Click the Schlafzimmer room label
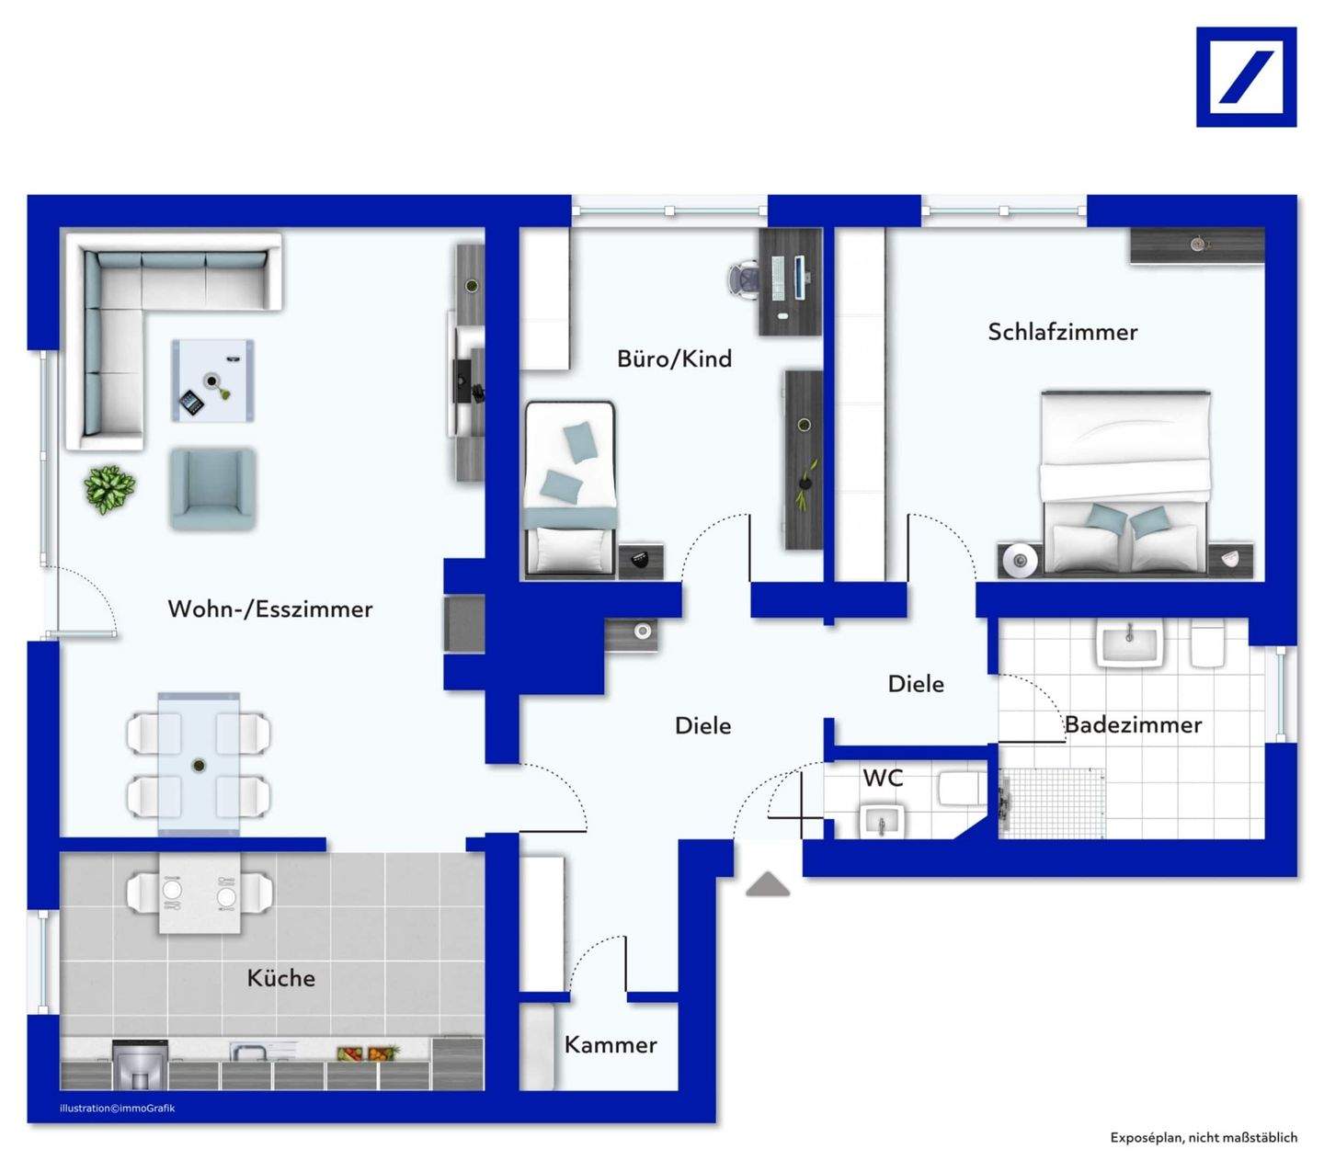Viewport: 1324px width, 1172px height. click(x=1062, y=332)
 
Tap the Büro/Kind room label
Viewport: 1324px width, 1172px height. click(x=674, y=358)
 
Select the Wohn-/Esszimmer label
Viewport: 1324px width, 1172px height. click(x=270, y=609)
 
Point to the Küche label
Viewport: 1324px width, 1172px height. click(x=281, y=977)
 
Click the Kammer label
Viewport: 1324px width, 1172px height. click(x=611, y=1044)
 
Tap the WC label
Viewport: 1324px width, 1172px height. click(x=883, y=778)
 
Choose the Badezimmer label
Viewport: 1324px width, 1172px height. click(x=1133, y=724)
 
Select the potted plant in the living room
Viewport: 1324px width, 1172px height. click(x=109, y=489)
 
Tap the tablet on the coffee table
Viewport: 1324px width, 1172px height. click(x=192, y=402)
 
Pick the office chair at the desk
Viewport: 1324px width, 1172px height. click(x=745, y=279)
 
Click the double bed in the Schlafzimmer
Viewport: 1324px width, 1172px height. click(x=1124, y=483)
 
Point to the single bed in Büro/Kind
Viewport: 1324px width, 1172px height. click(x=570, y=489)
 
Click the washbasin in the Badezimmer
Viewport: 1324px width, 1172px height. click(x=1131, y=644)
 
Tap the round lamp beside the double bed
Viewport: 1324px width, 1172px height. click(x=1020, y=560)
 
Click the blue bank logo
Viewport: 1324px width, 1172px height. click(x=1246, y=77)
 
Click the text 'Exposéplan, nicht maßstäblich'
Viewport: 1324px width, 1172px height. click(x=1204, y=1137)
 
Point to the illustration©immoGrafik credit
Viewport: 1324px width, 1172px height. click(x=117, y=1108)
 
